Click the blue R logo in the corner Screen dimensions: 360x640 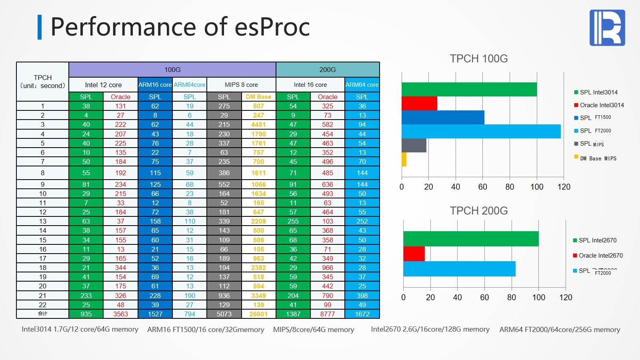(607, 28)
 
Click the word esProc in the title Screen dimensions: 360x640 (272, 27)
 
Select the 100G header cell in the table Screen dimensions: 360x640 (172, 70)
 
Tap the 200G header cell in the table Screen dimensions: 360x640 (328, 70)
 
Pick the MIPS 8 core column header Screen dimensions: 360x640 (241, 85)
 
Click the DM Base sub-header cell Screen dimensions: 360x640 (258, 97)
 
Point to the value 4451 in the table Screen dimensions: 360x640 (258, 124)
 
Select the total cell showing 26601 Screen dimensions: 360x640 (258, 314)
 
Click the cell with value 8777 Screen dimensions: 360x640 (328, 314)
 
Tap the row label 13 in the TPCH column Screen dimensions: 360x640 (43, 221)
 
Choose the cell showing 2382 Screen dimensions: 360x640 (258, 268)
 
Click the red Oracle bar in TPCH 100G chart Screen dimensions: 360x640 (419, 104)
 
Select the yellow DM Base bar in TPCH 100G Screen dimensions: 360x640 (404, 159)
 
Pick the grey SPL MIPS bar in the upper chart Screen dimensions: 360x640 (414, 145)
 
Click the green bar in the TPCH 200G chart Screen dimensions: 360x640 (471, 239)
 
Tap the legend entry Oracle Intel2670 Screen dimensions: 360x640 (600, 256)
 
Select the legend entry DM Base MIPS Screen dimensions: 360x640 (598, 158)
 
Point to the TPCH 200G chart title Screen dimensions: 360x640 (479, 211)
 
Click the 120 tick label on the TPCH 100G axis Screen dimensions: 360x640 (564, 187)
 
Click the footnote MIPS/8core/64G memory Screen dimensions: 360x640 (314, 330)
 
